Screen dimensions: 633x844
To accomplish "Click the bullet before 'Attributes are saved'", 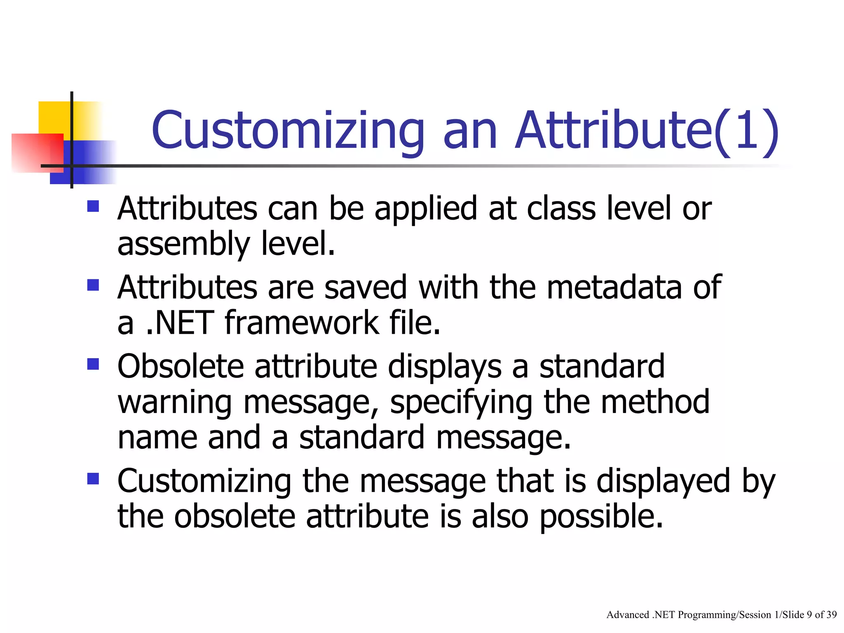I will click(93, 285).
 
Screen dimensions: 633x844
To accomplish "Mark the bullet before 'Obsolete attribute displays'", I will click(93, 364).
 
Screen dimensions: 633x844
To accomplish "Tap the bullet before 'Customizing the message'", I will click(93, 478).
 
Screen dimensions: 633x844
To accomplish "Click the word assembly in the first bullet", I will click(183, 245).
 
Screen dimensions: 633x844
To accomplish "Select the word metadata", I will click(614, 288).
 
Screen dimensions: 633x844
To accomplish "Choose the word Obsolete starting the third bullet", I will click(181, 367).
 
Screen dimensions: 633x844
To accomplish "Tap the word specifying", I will click(461, 403).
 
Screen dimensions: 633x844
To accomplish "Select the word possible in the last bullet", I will click(601, 517).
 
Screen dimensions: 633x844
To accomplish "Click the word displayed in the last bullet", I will click(663, 481).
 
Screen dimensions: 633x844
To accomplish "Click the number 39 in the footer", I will click(832, 615).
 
